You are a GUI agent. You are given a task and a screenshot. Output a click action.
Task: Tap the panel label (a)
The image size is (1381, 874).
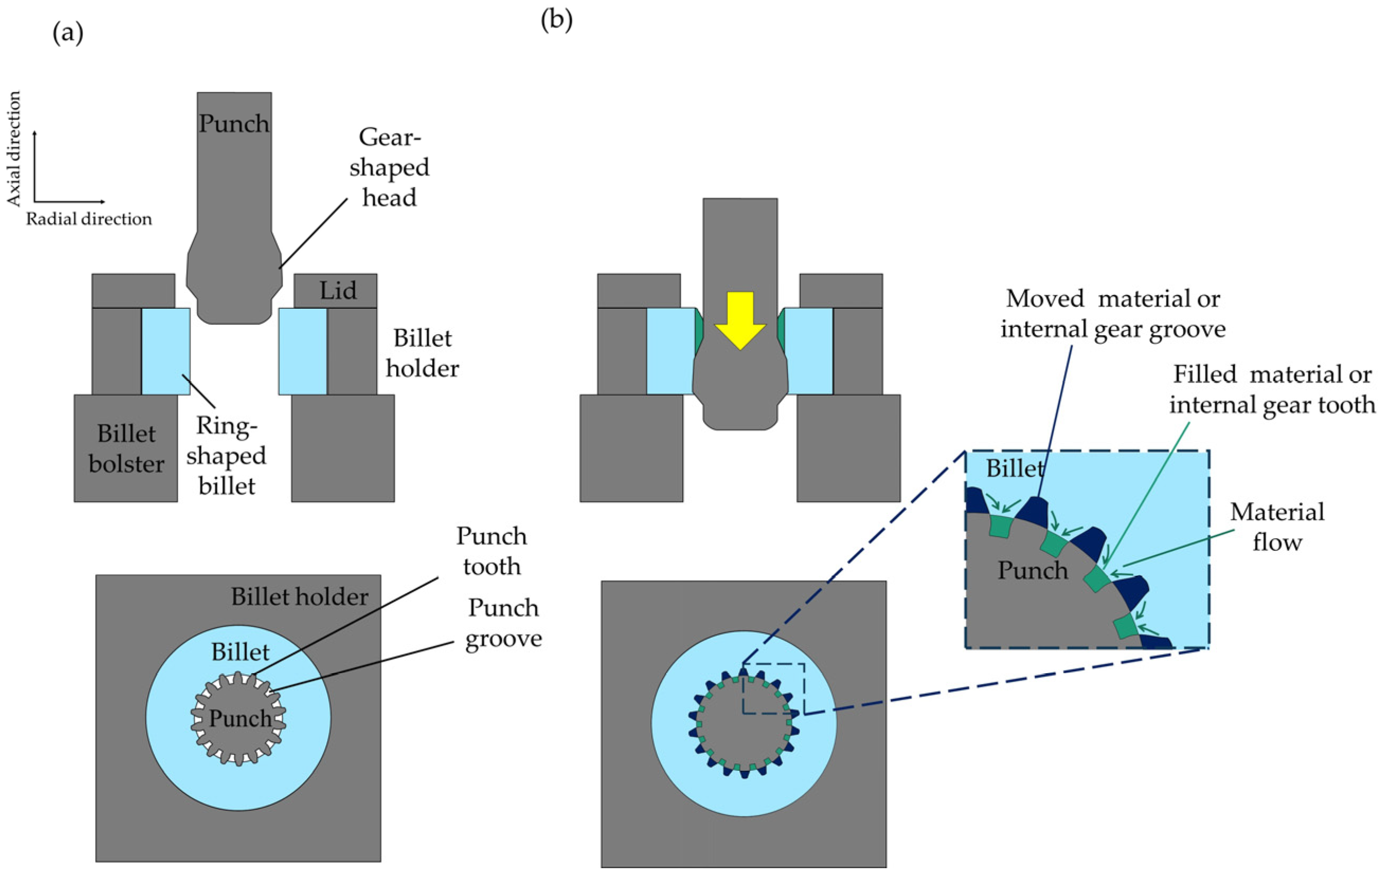(68, 34)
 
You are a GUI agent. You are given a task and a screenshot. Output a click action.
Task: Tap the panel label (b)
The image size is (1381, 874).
(557, 20)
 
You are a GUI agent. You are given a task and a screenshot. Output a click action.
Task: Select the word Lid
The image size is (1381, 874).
(338, 290)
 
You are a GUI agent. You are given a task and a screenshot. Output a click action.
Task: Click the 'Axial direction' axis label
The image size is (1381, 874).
(13, 149)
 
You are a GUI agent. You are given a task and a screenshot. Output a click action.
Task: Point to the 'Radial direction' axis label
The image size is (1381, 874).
(89, 219)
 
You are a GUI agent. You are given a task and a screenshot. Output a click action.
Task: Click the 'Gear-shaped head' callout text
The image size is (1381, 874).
(389, 167)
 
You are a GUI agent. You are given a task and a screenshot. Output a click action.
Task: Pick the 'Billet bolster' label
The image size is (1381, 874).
(126, 449)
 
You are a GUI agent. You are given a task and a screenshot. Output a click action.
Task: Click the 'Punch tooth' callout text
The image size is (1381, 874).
(491, 551)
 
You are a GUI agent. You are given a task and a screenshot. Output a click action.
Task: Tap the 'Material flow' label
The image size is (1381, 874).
(1277, 527)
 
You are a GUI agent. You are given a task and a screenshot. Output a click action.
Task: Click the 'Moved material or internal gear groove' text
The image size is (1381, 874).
(1113, 314)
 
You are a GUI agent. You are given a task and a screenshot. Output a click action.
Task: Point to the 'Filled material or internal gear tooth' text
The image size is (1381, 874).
(1272, 390)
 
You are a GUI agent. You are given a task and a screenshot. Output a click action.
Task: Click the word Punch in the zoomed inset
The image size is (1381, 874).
(1033, 570)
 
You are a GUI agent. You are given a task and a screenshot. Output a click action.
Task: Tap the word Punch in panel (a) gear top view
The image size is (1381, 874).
(240, 718)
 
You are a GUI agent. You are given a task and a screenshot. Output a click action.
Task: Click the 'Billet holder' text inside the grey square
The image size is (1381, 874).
(299, 597)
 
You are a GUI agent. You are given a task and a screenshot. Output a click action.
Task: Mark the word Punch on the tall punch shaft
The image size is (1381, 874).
(234, 123)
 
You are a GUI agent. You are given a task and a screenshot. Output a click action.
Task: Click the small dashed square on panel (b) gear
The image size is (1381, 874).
(774, 689)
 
